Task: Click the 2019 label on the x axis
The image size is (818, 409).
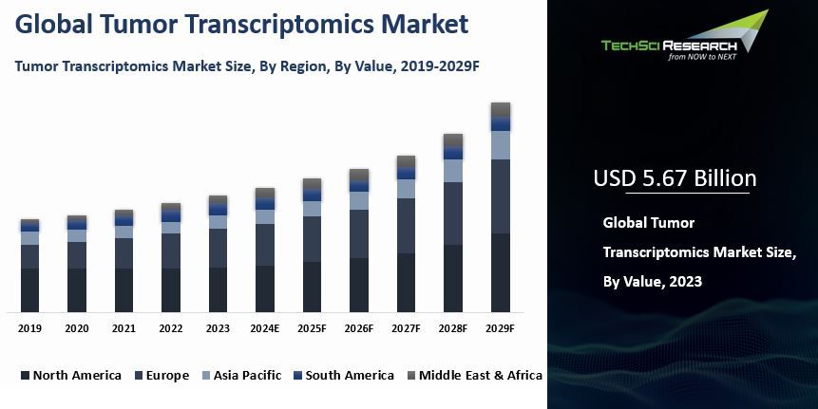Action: point(29,328)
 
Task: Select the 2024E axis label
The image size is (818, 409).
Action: point(265,328)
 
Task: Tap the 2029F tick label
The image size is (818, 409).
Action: point(500,328)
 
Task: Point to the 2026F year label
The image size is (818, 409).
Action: point(359,328)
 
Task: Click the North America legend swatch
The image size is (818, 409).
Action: point(25,376)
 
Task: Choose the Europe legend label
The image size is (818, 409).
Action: point(167,375)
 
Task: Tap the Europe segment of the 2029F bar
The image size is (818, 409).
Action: point(501,196)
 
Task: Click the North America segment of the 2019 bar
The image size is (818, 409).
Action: point(30,289)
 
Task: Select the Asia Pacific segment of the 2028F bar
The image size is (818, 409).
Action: point(453,171)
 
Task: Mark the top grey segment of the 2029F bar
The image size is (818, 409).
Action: point(501,109)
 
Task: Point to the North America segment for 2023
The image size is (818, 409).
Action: point(219,289)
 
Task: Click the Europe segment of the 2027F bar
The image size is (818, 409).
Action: point(407,226)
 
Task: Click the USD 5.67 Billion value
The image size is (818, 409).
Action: point(675,178)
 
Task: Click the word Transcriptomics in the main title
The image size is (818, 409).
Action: point(286,24)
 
